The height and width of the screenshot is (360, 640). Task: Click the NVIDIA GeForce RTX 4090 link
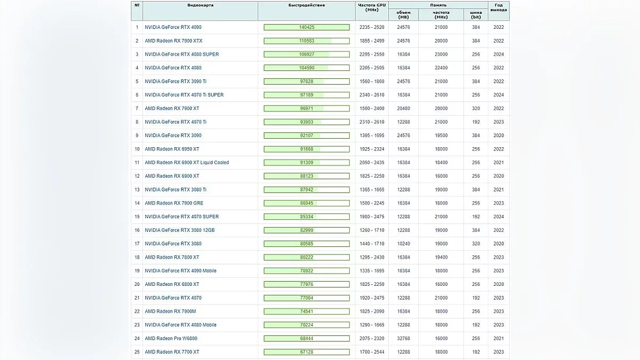pos(173,27)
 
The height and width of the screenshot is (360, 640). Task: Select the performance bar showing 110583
pos(307,41)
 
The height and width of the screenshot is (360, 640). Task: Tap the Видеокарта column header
pos(201,5)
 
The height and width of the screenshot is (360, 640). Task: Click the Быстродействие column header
pos(307,5)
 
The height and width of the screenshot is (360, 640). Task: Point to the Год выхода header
pos(499,7)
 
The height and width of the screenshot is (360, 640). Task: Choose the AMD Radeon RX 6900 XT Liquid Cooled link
pos(187,163)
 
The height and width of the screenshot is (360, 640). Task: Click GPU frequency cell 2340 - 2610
pos(372,95)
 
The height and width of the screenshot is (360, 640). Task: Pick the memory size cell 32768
pos(403,338)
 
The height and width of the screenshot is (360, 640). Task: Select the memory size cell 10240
pos(403,244)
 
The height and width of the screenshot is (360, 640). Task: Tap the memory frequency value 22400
pos(441,68)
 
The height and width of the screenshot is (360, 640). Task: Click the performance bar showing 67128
pos(307,352)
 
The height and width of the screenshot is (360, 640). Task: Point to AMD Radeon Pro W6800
pos(171,338)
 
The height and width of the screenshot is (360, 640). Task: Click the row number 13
pos(137,190)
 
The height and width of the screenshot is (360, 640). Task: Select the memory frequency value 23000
pos(441,54)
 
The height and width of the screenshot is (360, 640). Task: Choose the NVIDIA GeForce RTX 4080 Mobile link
pos(181,325)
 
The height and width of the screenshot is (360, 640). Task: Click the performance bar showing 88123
pos(307,176)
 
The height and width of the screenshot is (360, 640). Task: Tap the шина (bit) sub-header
pos(476,14)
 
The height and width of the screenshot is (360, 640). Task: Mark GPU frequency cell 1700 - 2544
pos(372,352)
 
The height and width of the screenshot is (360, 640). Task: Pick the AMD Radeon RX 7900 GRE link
pos(174,203)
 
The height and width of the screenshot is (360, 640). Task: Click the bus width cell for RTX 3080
pos(476,244)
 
